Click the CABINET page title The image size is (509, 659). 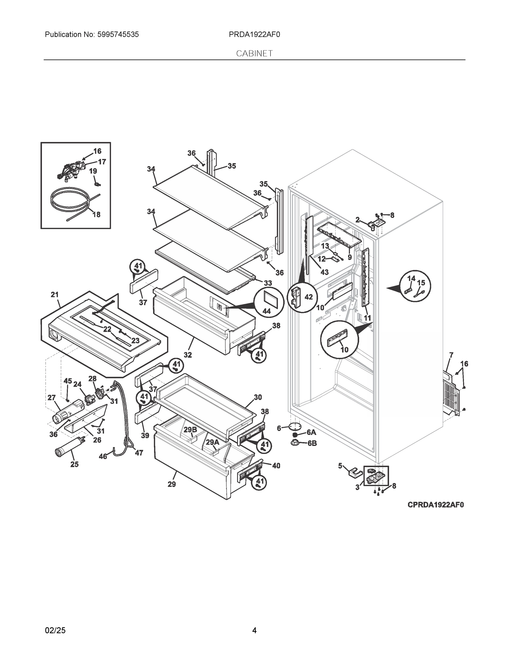tap(254, 54)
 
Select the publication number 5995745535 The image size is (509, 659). tap(118, 35)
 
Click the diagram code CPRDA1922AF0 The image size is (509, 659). tap(435, 504)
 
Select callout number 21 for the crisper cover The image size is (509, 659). tap(55, 295)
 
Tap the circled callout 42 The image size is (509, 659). tap(308, 297)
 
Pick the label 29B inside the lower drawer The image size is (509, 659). tap(190, 430)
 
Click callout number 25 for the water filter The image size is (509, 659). tap(74, 464)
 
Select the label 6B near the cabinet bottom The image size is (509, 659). tap(312, 443)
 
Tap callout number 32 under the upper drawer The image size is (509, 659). tap(188, 355)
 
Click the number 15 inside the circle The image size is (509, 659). tap(421, 283)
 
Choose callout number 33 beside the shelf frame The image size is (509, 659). tap(268, 283)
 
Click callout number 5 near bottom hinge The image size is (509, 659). tap(340, 466)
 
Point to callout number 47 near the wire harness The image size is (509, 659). tap(139, 453)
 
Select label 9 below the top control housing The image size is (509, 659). tap(350, 257)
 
